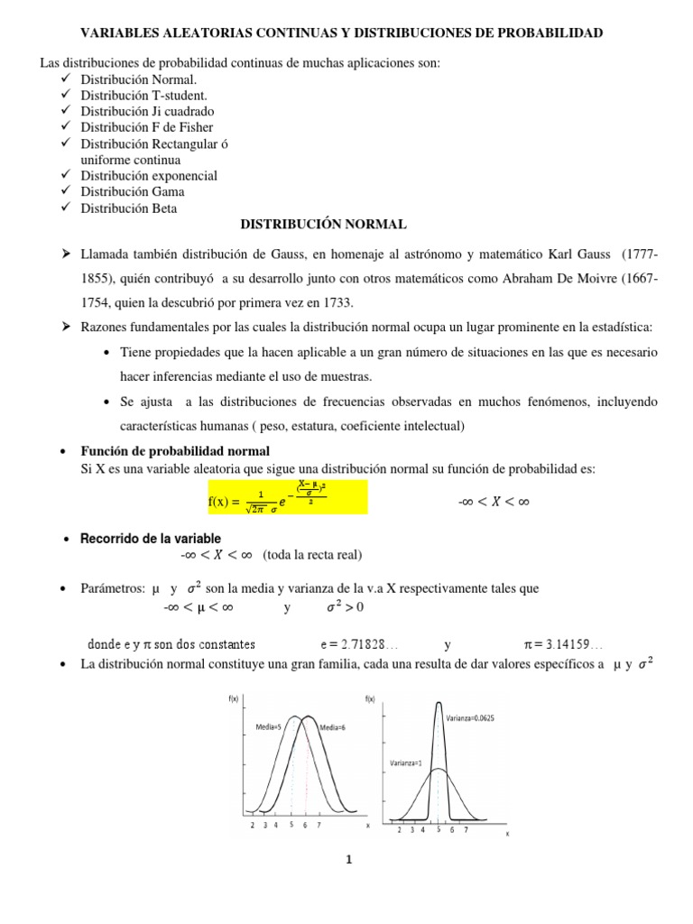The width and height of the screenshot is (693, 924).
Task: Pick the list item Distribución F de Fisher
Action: (x=147, y=127)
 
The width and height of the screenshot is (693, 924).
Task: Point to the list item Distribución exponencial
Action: (x=149, y=176)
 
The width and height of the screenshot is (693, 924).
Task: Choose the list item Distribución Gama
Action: (x=133, y=191)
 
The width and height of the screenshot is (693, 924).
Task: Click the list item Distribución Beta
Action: (x=129, y=208)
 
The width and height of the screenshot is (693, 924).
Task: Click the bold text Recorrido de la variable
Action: (x=151, y=538)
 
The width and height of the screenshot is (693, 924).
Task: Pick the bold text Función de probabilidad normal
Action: (x=175, y=450)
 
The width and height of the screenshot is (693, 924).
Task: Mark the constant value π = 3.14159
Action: (x=564, y=645)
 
